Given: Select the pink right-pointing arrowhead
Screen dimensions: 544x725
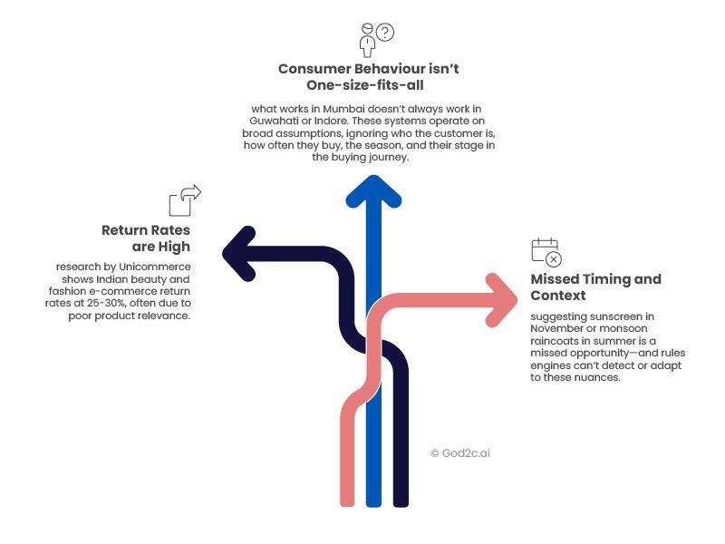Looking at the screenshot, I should [x=500, y=299].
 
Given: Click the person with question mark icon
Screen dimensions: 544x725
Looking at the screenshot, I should [x=375, y=39].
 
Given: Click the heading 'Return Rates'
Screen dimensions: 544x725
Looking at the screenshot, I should [x=146, y=230].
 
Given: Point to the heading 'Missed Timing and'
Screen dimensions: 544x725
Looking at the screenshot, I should [x=595, y=279].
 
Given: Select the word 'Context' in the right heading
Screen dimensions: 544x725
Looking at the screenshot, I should [x=557, y=296].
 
